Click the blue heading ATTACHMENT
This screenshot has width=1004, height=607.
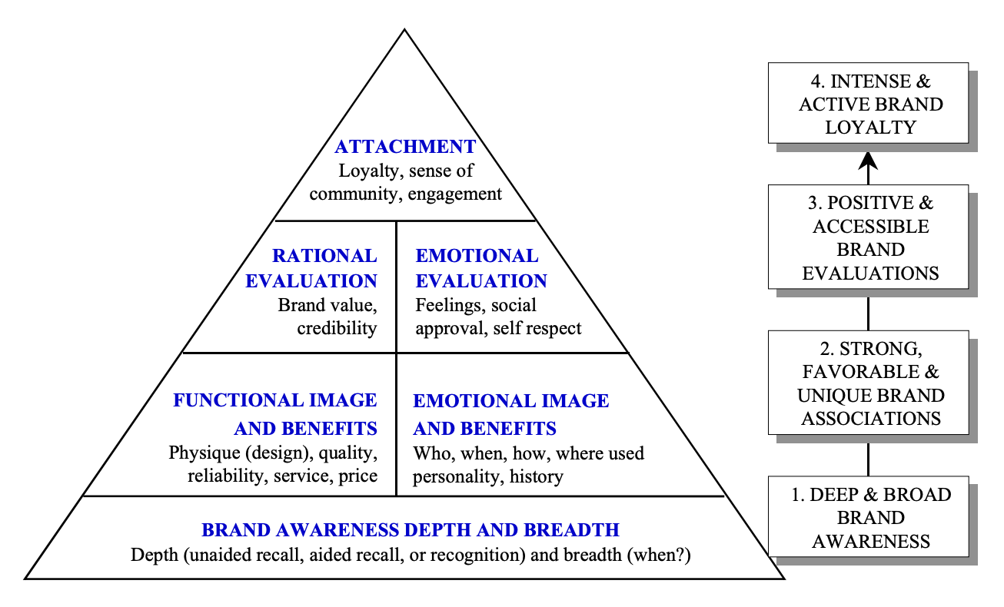[x=405, y=147]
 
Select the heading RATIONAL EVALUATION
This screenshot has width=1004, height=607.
[x=312, y=268]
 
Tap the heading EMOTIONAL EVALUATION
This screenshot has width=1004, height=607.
[x=480, y=268]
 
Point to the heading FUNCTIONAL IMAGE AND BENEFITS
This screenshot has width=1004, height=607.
[x=275, y=413]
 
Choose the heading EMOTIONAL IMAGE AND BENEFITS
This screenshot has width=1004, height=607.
[x=510, y=413]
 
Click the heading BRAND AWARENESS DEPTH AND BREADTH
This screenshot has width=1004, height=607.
[x=410, y=530]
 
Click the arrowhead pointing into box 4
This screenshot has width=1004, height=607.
[x=868, y=159]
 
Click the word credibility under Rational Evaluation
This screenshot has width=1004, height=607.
[x=337, y=329]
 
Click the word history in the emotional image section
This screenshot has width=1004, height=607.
[x=537, y=476]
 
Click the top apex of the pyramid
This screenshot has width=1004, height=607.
[x=404, y=32]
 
